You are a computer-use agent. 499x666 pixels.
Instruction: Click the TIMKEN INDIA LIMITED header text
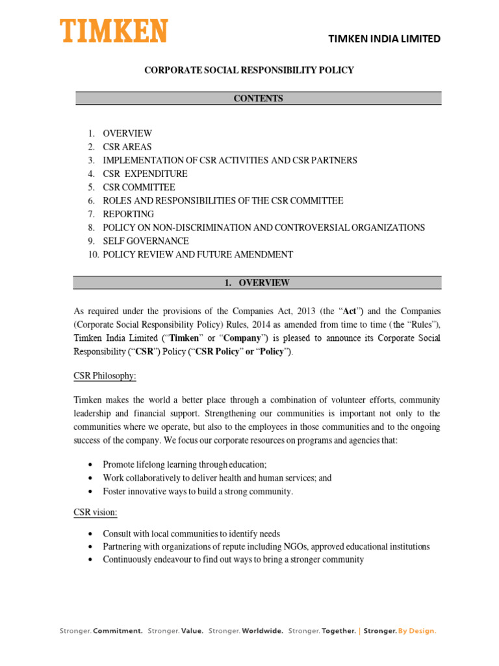(x=385, y=39)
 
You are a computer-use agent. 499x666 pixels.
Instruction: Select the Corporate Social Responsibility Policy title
(x=249, y=70)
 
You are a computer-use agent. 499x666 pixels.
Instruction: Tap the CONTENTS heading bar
(x=259, y=99)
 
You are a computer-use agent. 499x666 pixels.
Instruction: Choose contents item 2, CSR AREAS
(x=127, y=147)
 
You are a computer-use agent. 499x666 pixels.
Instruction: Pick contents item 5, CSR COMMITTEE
(x=138, y=187)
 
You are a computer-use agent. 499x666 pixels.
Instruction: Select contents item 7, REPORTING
(x=128, y=214)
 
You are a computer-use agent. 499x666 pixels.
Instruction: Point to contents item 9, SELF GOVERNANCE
(x=142, y=241)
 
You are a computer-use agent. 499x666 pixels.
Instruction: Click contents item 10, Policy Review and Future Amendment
(x=198, y=255)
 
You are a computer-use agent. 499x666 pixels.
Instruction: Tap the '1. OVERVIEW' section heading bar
(x=259, y=283)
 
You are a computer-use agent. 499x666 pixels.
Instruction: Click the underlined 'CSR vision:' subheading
(x=96, y=513)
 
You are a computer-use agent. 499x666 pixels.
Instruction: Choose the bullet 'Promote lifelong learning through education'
(x=185, y=464)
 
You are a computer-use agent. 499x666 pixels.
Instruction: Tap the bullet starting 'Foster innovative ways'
(x=198, y=492)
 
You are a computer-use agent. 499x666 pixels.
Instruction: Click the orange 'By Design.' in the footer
(x=417, y=631)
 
